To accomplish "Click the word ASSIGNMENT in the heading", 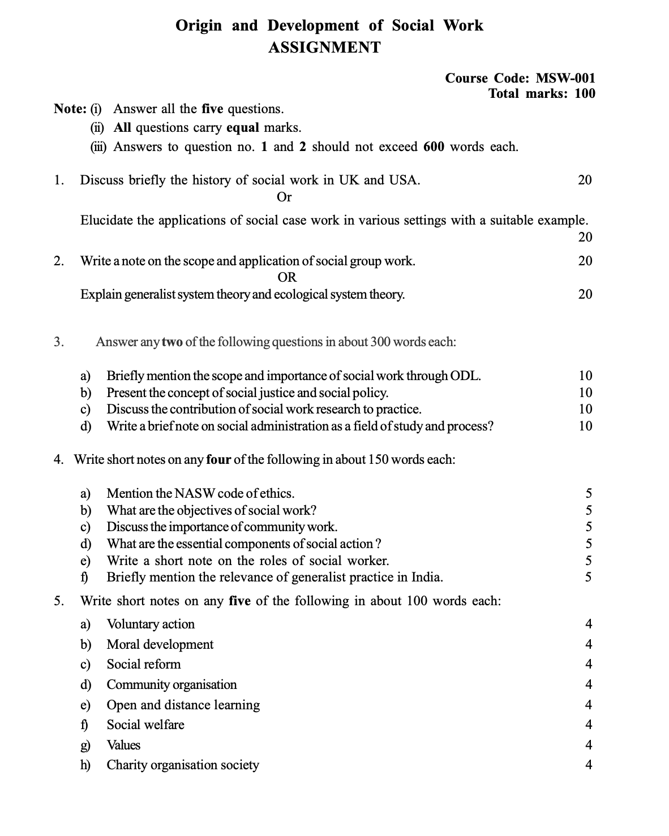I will (324, 48).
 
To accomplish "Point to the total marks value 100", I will (585, 93).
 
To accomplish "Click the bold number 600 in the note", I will (434, 147).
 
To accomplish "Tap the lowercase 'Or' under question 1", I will (284, 197).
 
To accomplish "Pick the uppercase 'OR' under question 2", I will (287, 277).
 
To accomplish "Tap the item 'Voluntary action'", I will (151, 624).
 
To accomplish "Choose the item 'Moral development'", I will (160, 644).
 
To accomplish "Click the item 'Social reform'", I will (144, 664).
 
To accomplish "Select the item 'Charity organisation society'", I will (183, 765).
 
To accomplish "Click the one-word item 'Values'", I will (123, 745).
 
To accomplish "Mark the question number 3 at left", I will (58, 342).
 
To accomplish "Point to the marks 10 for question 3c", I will (585, 409).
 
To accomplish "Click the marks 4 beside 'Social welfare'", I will (589, 725).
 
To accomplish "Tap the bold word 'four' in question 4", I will (218, 459).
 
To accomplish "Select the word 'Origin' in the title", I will (199, 25).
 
